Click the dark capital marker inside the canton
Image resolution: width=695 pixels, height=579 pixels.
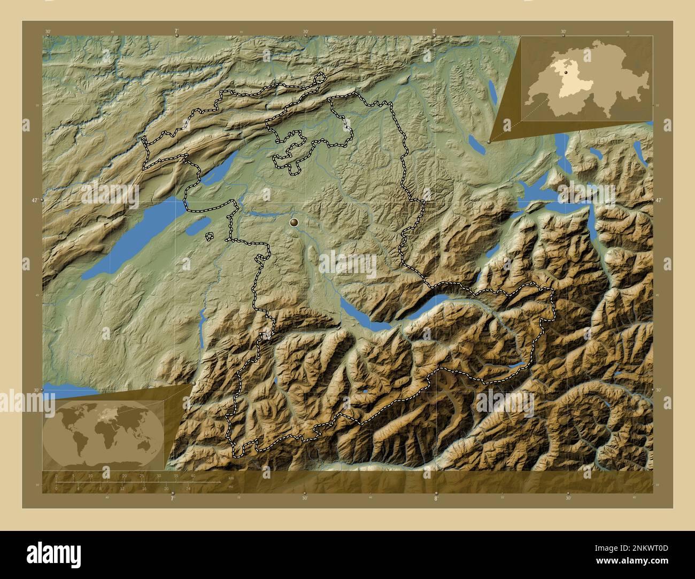[294, 222]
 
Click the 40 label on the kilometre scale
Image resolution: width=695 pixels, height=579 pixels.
[193, 475]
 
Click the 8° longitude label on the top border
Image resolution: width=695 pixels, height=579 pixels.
[435, 32]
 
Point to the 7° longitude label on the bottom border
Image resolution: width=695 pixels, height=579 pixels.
[172, 498]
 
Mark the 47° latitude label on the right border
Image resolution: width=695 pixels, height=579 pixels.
[659, 200]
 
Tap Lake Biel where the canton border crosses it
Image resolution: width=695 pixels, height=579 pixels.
[213, 171]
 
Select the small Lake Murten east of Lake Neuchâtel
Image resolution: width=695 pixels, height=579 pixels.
[197, 228]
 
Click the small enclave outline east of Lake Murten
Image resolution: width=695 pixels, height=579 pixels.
[209, 236]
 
